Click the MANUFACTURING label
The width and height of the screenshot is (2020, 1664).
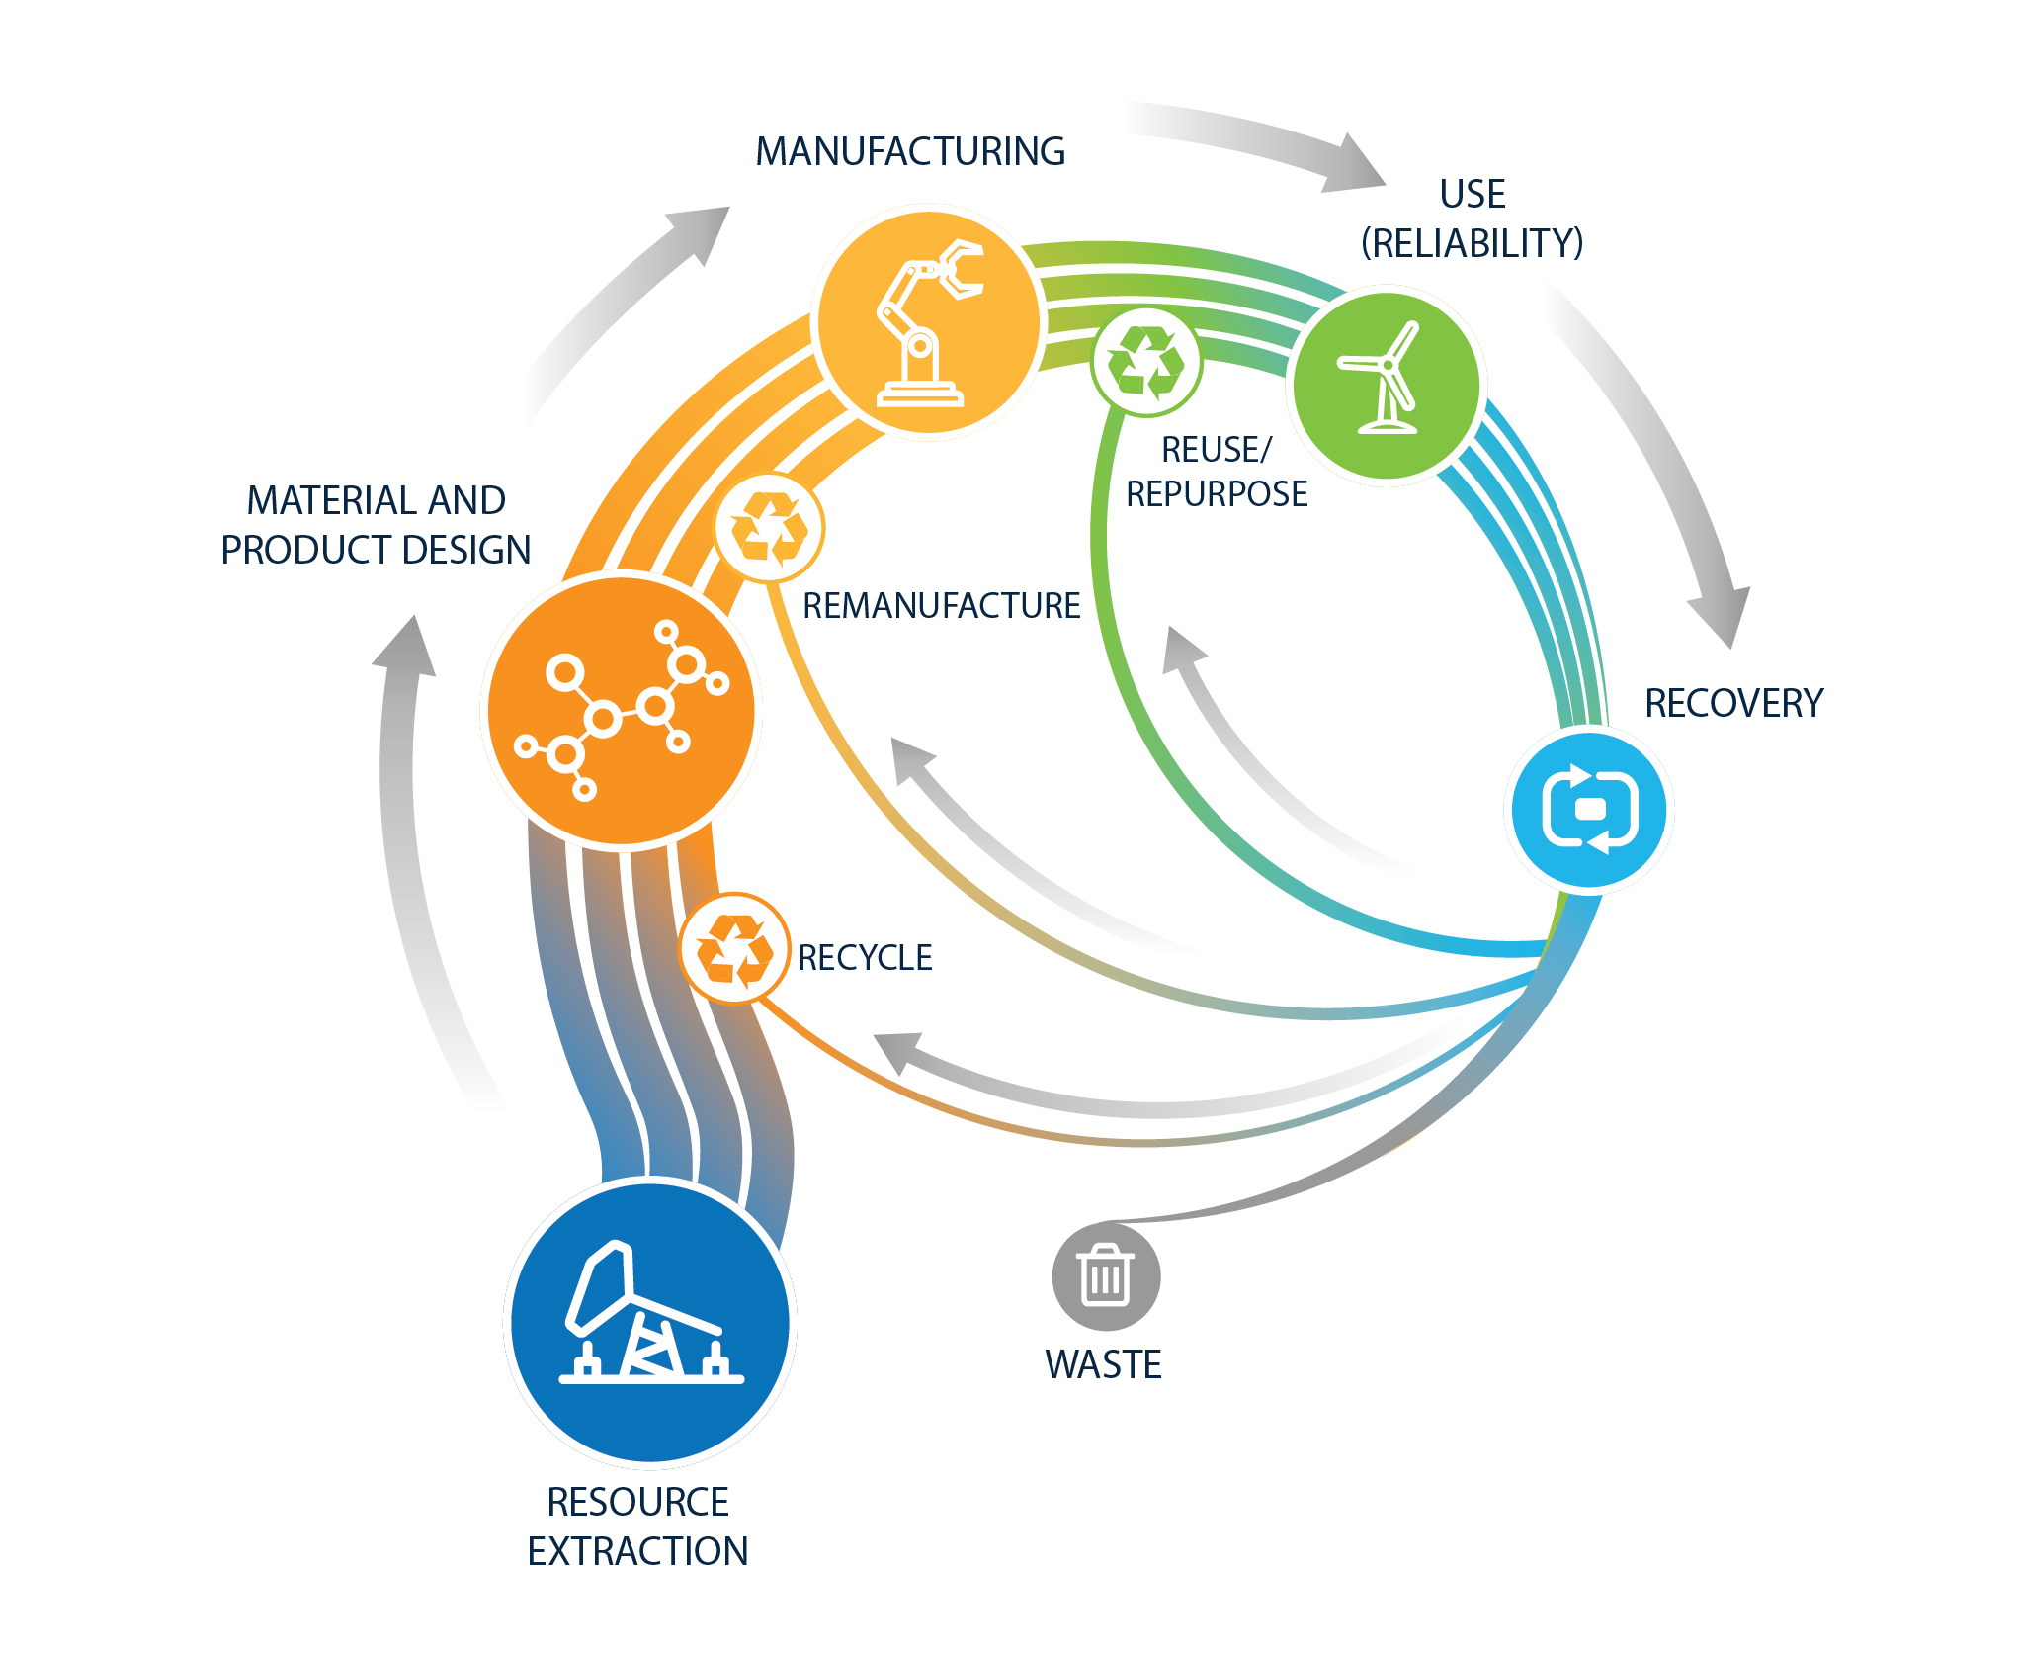(910, 151)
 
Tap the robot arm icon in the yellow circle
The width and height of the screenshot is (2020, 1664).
(928, 322)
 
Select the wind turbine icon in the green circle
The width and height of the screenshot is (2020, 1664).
(1386, 384)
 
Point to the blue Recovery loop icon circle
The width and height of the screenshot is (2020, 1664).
(1589, 810)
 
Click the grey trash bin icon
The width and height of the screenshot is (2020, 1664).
(1106, 1275)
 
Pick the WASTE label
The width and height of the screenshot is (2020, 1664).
(1103, 1364)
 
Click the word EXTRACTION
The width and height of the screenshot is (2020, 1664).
(637, 1551)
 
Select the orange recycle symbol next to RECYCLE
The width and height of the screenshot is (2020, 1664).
(734, 948)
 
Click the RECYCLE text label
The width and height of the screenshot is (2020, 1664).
(865, 957)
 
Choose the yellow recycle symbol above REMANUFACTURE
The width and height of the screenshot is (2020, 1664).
(769, 527)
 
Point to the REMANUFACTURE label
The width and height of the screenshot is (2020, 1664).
(941, 605)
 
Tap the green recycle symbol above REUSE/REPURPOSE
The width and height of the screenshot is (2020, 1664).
(1145, 362)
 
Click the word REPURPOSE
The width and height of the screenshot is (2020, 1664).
(1217, 493)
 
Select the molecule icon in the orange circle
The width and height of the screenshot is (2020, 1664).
(622, 711)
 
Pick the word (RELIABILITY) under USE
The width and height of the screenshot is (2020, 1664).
(1472, 243)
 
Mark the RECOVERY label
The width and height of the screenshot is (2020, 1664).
(1733, 703)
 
